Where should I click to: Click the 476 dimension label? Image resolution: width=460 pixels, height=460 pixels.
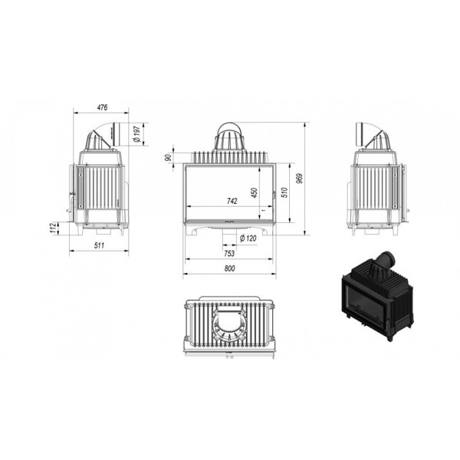102,107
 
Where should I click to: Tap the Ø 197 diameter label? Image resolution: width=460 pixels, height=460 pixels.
137,134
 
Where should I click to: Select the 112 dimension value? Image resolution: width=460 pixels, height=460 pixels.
53,228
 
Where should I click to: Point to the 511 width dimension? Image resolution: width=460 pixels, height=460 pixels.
99,245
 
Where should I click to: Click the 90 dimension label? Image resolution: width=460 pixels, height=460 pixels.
169,157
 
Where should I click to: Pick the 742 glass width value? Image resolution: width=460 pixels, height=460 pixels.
232,201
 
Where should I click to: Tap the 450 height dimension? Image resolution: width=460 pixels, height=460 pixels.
255,192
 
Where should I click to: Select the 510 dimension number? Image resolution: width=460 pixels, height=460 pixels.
284,192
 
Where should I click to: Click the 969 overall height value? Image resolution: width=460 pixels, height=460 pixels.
299,179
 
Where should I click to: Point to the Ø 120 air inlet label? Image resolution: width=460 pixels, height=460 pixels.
248,238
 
